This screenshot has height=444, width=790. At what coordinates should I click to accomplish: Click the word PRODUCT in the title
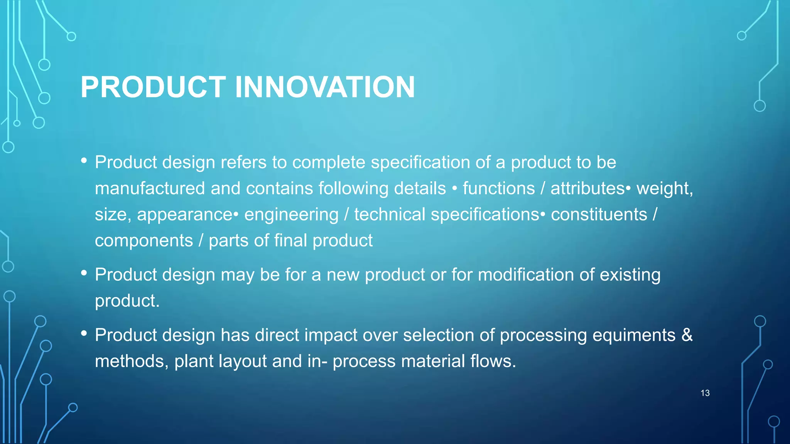click(153, 87)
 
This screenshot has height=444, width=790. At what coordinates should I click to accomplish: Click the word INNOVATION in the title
click(325, 87)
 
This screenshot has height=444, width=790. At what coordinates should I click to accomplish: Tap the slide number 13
click(705, 393)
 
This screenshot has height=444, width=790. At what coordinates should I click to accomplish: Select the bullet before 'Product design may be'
click(84, 273)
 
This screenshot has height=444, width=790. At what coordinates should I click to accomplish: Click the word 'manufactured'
click(150, 188)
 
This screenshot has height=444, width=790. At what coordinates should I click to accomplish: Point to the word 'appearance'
click(184, 215)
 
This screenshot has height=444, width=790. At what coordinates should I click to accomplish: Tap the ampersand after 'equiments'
click(687, 335)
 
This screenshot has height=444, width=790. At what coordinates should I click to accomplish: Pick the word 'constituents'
click(599, 215)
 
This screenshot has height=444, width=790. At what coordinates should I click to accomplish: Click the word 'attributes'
click(587, 188)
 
